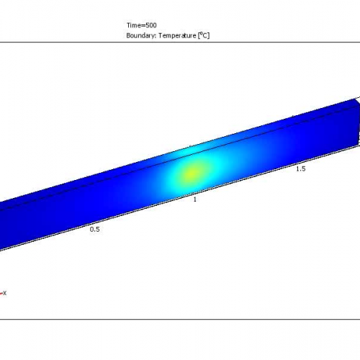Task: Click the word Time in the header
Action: pos(132,24)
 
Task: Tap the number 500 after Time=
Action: pos(150,24)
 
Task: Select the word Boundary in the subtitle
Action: pos(140,35)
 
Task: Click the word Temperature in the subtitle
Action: pos(177,35)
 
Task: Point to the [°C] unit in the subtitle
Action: pos(204,35)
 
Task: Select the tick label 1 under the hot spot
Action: pos(194,199)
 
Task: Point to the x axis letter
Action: pos(4,292)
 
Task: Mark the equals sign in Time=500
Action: pos(143,24)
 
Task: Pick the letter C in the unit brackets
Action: pos(205,35)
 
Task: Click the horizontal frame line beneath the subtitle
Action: pos(180,41)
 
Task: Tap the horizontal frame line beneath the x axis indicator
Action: pos(180,318)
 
